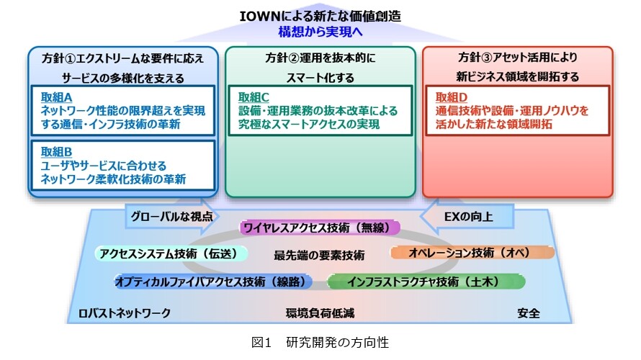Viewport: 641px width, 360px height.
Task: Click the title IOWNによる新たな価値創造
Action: (320, 17)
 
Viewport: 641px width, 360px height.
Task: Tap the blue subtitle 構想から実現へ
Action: (320, 32)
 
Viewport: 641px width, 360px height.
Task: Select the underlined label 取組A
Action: (56, 97)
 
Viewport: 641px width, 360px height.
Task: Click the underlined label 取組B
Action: (56, 152)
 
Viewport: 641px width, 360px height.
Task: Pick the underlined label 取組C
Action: (254, 97)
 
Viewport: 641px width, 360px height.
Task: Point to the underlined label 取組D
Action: (452, 97)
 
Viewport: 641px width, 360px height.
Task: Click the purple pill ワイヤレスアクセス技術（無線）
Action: (319, 228)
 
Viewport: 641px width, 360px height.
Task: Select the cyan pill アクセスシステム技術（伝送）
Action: (171, 253)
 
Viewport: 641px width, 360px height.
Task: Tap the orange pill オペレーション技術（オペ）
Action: (472, 253)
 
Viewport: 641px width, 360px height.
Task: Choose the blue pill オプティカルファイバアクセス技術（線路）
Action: (213, 282)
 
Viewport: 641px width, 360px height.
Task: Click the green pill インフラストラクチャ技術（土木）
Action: (426, 282)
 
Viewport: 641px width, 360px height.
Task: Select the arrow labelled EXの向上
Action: (467, 216)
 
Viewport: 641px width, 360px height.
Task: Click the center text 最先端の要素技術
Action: (319, 256)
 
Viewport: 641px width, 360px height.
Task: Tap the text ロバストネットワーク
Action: (125, 313)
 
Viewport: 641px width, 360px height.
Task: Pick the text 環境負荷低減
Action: (320, 313)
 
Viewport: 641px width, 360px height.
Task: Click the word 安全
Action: (529, 313)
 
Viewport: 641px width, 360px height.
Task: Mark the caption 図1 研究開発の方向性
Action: (320, 342)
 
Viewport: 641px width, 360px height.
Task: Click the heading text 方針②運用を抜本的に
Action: (320, 58)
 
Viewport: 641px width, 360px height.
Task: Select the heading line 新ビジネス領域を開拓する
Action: (518, 76)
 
